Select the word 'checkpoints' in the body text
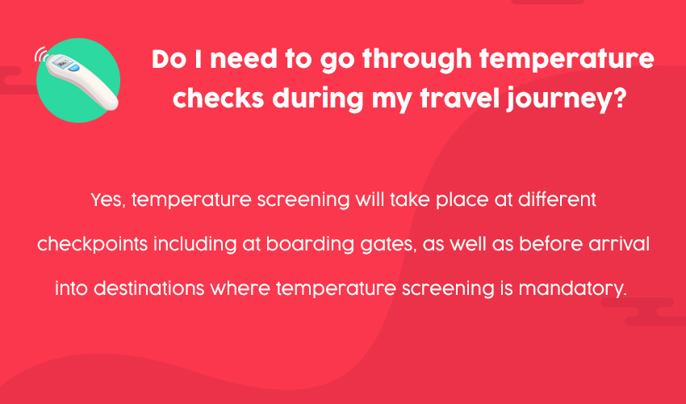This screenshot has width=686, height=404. pyautogui.click(x=92, y=245)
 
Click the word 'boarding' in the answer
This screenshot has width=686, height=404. pyautogui.click(x=310, y=244)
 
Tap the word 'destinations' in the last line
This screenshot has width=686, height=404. pyautogui.click(x=149, y=288)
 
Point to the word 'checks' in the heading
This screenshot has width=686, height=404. pyautogui.click(x=219, y=98)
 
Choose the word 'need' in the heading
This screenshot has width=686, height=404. pyautogui.click(x=244, y=59)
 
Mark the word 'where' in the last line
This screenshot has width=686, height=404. pyautogui.click(x=241, y=288)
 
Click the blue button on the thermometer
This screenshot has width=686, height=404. pyautogui.click(x=74, y=68)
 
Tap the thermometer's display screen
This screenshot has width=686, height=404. pyautogui.click(x=61, y=63)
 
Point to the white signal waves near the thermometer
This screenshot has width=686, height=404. pyautogui.click(x=41, y=54)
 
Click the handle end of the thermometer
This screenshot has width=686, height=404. pyautogui.click(x=110, y=101)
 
